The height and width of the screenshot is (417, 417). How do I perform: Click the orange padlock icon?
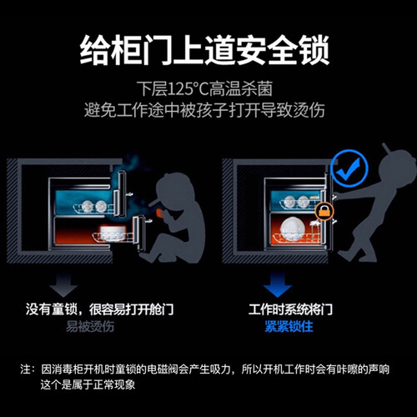point(325,212)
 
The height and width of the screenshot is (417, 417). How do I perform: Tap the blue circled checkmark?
point(351,168)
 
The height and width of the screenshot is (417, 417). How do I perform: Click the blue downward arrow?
point(278,285)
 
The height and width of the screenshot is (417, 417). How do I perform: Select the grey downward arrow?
point(64,285)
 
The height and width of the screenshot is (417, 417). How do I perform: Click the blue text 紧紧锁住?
point(289,326)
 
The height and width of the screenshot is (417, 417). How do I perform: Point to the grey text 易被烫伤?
point(90,326)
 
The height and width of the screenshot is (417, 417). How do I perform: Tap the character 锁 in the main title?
point(314,50)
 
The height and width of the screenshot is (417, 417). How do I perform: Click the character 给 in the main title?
point(95,50)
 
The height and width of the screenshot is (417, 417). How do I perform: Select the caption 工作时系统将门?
point(290,309)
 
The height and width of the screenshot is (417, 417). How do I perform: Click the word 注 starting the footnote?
point(25,369)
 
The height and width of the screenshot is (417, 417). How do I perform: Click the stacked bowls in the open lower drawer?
point(113,232)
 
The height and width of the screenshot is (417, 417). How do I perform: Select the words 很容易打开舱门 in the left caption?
point(131,309)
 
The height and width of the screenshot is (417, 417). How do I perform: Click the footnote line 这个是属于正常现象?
point(88,384)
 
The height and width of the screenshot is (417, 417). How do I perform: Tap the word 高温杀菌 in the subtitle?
point(241,89)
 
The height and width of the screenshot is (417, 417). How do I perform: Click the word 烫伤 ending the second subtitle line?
point(309,110)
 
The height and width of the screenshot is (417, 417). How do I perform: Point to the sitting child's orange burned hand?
point(159,214)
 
